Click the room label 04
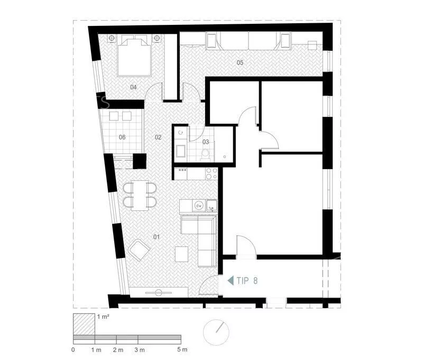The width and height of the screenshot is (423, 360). [133, 87]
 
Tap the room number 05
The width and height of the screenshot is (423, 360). [240, 62]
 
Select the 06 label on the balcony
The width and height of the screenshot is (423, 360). [122, 137]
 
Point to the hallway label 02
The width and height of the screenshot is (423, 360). [158, 137]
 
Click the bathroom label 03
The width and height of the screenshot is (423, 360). [206, 142]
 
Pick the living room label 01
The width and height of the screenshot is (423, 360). [157, 237]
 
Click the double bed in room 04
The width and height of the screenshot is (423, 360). [134, 56]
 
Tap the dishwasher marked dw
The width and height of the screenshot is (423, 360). [199, 206]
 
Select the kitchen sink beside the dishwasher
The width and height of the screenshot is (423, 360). [212, 206]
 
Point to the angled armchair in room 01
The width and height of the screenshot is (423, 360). [140, 250]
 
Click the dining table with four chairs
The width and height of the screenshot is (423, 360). [140, 195]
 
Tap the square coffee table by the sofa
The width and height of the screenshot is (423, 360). [181, 254]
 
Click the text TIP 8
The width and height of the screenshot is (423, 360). [247, 281]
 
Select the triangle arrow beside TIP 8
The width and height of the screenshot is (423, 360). [231, 281]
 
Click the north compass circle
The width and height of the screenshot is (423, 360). [216, 333]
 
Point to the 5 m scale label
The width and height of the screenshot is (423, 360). [182, 350]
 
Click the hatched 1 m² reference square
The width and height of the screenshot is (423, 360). [84, 325]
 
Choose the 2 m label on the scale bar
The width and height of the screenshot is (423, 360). [118, 350]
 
